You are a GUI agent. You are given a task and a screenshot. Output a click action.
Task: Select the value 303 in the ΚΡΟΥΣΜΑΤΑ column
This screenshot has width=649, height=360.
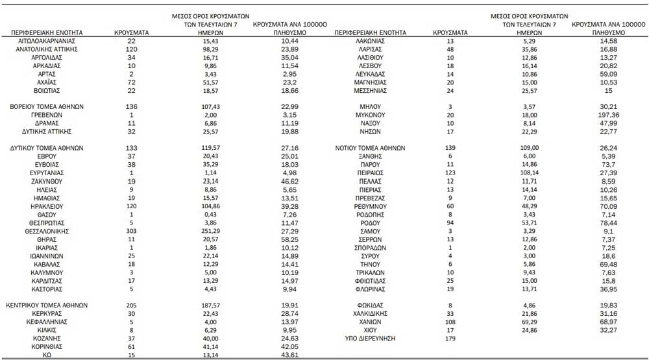132,231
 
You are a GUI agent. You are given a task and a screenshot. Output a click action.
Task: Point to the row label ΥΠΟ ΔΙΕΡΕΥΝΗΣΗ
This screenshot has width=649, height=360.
371,339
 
